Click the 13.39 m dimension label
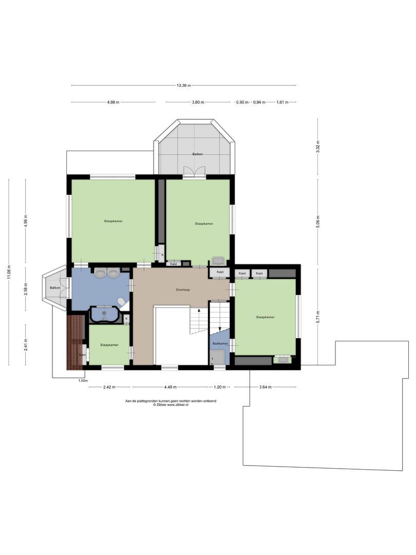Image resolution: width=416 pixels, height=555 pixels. (184, 86)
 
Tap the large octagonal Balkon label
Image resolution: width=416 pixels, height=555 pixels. (198, 154)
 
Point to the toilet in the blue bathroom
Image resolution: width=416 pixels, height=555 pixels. (122, 302)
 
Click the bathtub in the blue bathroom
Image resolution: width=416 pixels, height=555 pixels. (105, 314)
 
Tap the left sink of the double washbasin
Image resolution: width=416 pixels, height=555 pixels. (101, 273)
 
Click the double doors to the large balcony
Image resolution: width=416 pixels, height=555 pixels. (194, 172)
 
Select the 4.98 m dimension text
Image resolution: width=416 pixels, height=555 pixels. (113, 102)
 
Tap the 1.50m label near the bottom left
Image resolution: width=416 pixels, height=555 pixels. (82, 381)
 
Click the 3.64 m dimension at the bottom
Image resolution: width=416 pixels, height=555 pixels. (266, 387)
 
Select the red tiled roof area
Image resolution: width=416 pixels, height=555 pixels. (75, 342)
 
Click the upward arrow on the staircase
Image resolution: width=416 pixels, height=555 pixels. (199, 312)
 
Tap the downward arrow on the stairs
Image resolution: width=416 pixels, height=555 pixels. (220, 329)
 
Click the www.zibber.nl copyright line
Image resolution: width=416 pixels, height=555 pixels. (171, 405)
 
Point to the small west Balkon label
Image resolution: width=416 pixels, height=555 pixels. (54, 288)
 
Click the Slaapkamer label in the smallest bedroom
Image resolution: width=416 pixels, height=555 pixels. (109, 345)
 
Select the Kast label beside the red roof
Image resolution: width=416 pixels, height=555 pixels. (83, 355)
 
